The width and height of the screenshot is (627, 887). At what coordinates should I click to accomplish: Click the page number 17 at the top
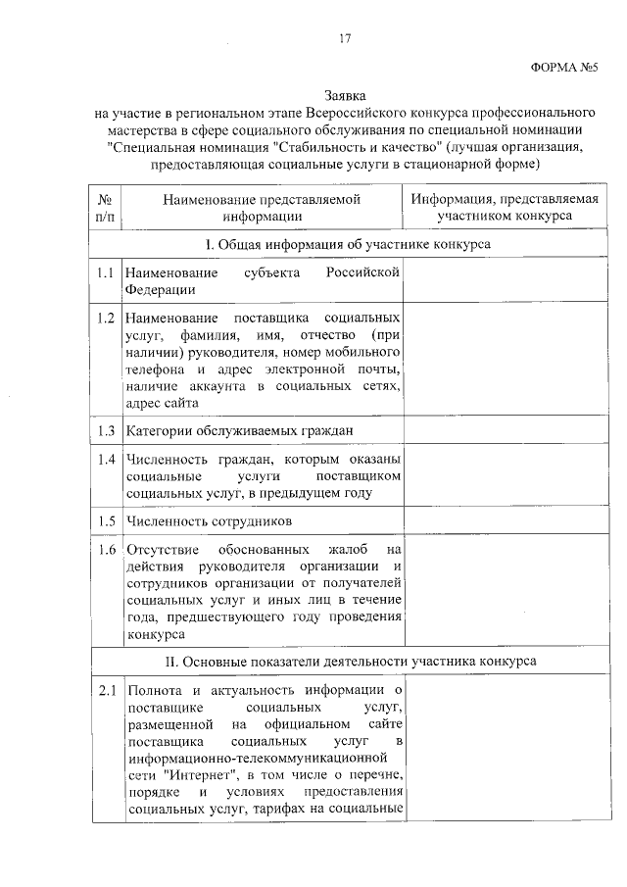(x=344, y=38)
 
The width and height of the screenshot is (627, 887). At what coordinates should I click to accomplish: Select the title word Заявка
(x=344, y=96)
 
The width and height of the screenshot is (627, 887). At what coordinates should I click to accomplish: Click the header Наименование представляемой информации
(x=263, y=207)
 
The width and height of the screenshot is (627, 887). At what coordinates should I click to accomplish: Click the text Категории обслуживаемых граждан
(x=239, y=430)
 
